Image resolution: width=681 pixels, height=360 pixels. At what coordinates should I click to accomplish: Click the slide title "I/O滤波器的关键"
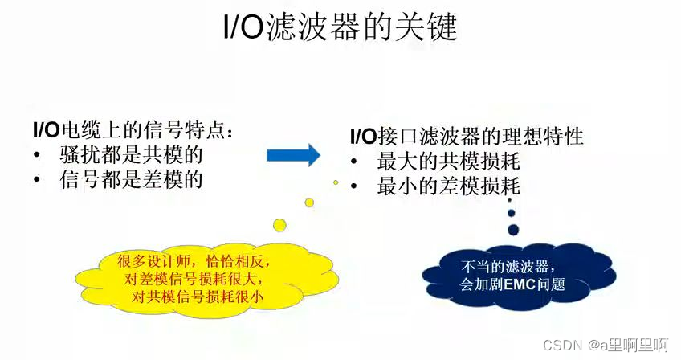tap(340, 29)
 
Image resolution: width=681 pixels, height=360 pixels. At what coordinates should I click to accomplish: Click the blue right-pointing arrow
tap(293, 154)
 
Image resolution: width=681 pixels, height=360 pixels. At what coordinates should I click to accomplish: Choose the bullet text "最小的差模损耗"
tap(449, 186)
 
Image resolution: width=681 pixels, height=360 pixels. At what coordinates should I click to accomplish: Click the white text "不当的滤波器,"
tap(498, 266)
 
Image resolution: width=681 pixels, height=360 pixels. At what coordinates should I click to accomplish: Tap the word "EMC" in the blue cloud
tap(517, 284)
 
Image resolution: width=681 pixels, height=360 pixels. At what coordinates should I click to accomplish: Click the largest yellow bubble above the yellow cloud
tap(279, 223)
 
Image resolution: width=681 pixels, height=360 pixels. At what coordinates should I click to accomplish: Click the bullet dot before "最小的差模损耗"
tap(354, 187)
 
